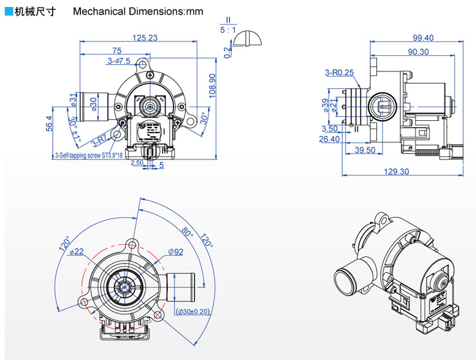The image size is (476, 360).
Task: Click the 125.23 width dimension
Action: tap(144, 38)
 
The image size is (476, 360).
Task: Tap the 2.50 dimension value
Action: tap(136, 163)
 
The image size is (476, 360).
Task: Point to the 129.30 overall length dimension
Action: tap(396, 171)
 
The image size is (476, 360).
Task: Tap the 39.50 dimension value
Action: tap(365, 150)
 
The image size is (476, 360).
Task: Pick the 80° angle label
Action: tap(187, 230)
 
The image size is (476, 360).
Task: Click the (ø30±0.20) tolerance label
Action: tap(193, 312)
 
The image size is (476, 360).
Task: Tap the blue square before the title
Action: tap(8, 11)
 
